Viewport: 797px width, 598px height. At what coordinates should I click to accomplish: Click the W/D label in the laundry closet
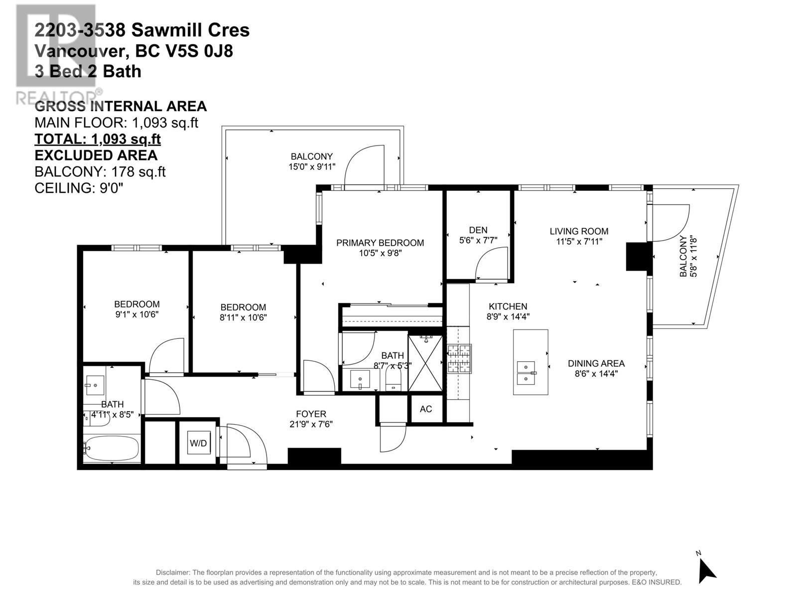click(198, 443)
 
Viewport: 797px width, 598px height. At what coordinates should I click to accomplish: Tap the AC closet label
click(425, 409)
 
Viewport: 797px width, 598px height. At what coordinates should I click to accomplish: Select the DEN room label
click(478, 230)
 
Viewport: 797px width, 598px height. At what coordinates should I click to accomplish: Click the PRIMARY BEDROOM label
click(380, 243)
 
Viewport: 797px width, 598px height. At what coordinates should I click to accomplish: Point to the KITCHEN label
click(508, 306)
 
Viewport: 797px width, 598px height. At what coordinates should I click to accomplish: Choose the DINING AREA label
click(596, 363)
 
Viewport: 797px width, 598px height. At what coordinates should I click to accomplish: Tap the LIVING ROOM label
click(579, 231)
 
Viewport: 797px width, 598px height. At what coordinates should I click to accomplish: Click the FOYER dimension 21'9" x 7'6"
click(311, 424)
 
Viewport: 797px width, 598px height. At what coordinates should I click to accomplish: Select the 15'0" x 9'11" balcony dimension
click(311, 166)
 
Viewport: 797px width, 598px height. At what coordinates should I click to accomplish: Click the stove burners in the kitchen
click(459, 358)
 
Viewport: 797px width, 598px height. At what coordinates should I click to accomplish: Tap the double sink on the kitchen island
click(526, 373)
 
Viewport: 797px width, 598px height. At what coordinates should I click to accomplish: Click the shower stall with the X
click(425, 363)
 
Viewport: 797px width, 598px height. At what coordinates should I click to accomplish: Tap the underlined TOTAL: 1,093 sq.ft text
click(97, 139)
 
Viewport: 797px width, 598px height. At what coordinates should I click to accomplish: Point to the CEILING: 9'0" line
click(79, 188)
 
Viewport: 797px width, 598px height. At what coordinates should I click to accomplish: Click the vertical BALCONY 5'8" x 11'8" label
click(688, 256)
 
